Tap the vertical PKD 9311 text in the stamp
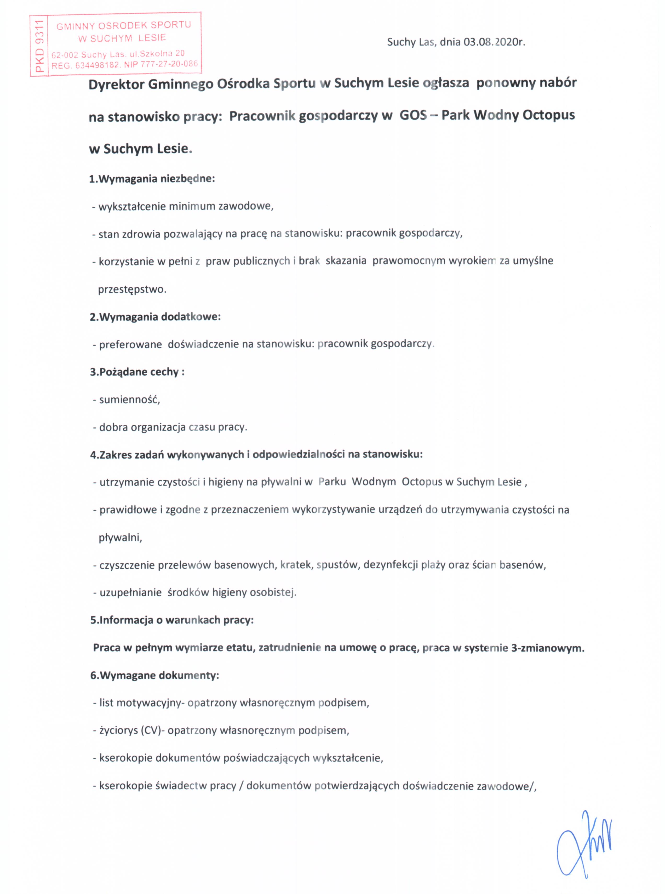39,46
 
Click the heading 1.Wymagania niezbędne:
152,179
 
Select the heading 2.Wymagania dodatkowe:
155,317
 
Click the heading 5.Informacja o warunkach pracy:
172,620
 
